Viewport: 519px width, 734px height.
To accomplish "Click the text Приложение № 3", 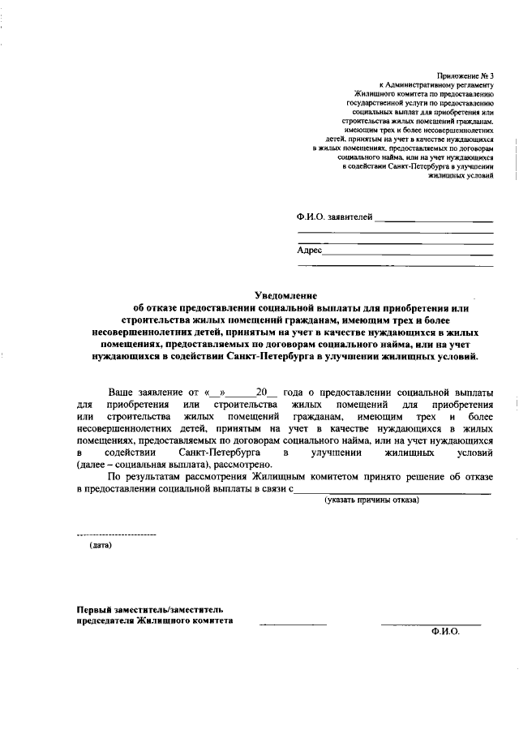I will pos(465,75).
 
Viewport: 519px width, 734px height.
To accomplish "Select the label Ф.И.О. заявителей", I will pos(335,217).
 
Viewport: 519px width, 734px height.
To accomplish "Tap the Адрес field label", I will pos(310,251).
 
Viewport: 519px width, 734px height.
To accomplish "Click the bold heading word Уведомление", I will pos(285,296).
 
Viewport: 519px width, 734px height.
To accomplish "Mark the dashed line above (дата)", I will pos(115,535).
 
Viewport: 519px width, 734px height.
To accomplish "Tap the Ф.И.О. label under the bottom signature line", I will pos(445,635).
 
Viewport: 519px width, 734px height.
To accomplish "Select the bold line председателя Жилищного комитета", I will pos(154,620).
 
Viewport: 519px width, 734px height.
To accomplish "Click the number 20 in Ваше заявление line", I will pos(261,393).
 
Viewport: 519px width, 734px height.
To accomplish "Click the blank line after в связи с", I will pos(392,491).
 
